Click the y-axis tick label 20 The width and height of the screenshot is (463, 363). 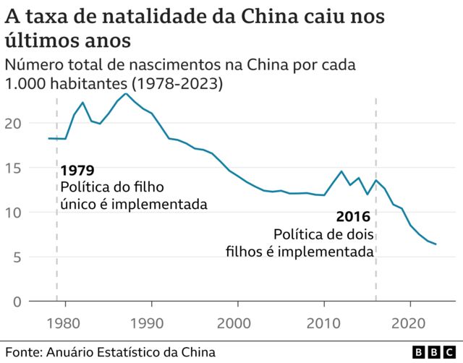point(14,124)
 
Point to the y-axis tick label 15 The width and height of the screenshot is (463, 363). point(14,168)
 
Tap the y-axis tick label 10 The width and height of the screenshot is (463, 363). point(14,213)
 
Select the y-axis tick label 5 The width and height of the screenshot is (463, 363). point(18,257)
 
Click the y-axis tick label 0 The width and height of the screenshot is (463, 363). point(18,302)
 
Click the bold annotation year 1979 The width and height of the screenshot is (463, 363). point(77,171)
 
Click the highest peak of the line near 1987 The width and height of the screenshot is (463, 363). point(126,93)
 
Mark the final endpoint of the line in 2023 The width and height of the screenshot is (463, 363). point(436,244)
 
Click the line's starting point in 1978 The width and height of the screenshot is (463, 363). point(48,138)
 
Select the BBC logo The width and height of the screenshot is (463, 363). point(433,352)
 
